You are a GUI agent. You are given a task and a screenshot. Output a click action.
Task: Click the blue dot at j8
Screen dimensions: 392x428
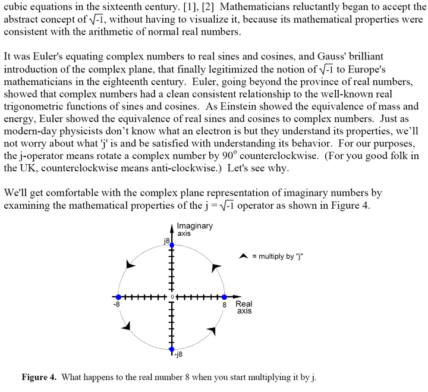coord(172,245)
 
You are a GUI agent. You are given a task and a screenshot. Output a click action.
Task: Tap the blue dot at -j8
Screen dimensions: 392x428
coord(172,349)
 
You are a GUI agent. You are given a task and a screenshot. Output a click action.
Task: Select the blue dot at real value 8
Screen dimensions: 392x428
coord(224,296)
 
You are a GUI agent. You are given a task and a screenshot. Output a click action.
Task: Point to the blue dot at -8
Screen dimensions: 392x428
coord(118,296)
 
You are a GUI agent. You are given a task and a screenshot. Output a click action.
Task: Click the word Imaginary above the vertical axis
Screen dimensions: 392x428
coord(194,226)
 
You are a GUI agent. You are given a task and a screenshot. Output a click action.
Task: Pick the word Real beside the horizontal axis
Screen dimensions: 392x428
coord(244,304)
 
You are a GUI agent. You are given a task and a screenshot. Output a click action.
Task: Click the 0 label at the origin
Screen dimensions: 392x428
coord(172,296)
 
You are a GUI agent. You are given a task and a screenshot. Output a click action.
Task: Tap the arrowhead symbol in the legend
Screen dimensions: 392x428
coord(243,256)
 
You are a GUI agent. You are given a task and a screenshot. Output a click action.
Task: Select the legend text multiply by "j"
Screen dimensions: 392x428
coord(275,256)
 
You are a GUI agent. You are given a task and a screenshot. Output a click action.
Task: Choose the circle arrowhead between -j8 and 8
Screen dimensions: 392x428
coord(213,329)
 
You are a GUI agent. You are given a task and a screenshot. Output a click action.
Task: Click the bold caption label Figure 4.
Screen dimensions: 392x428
coord(39,378)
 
